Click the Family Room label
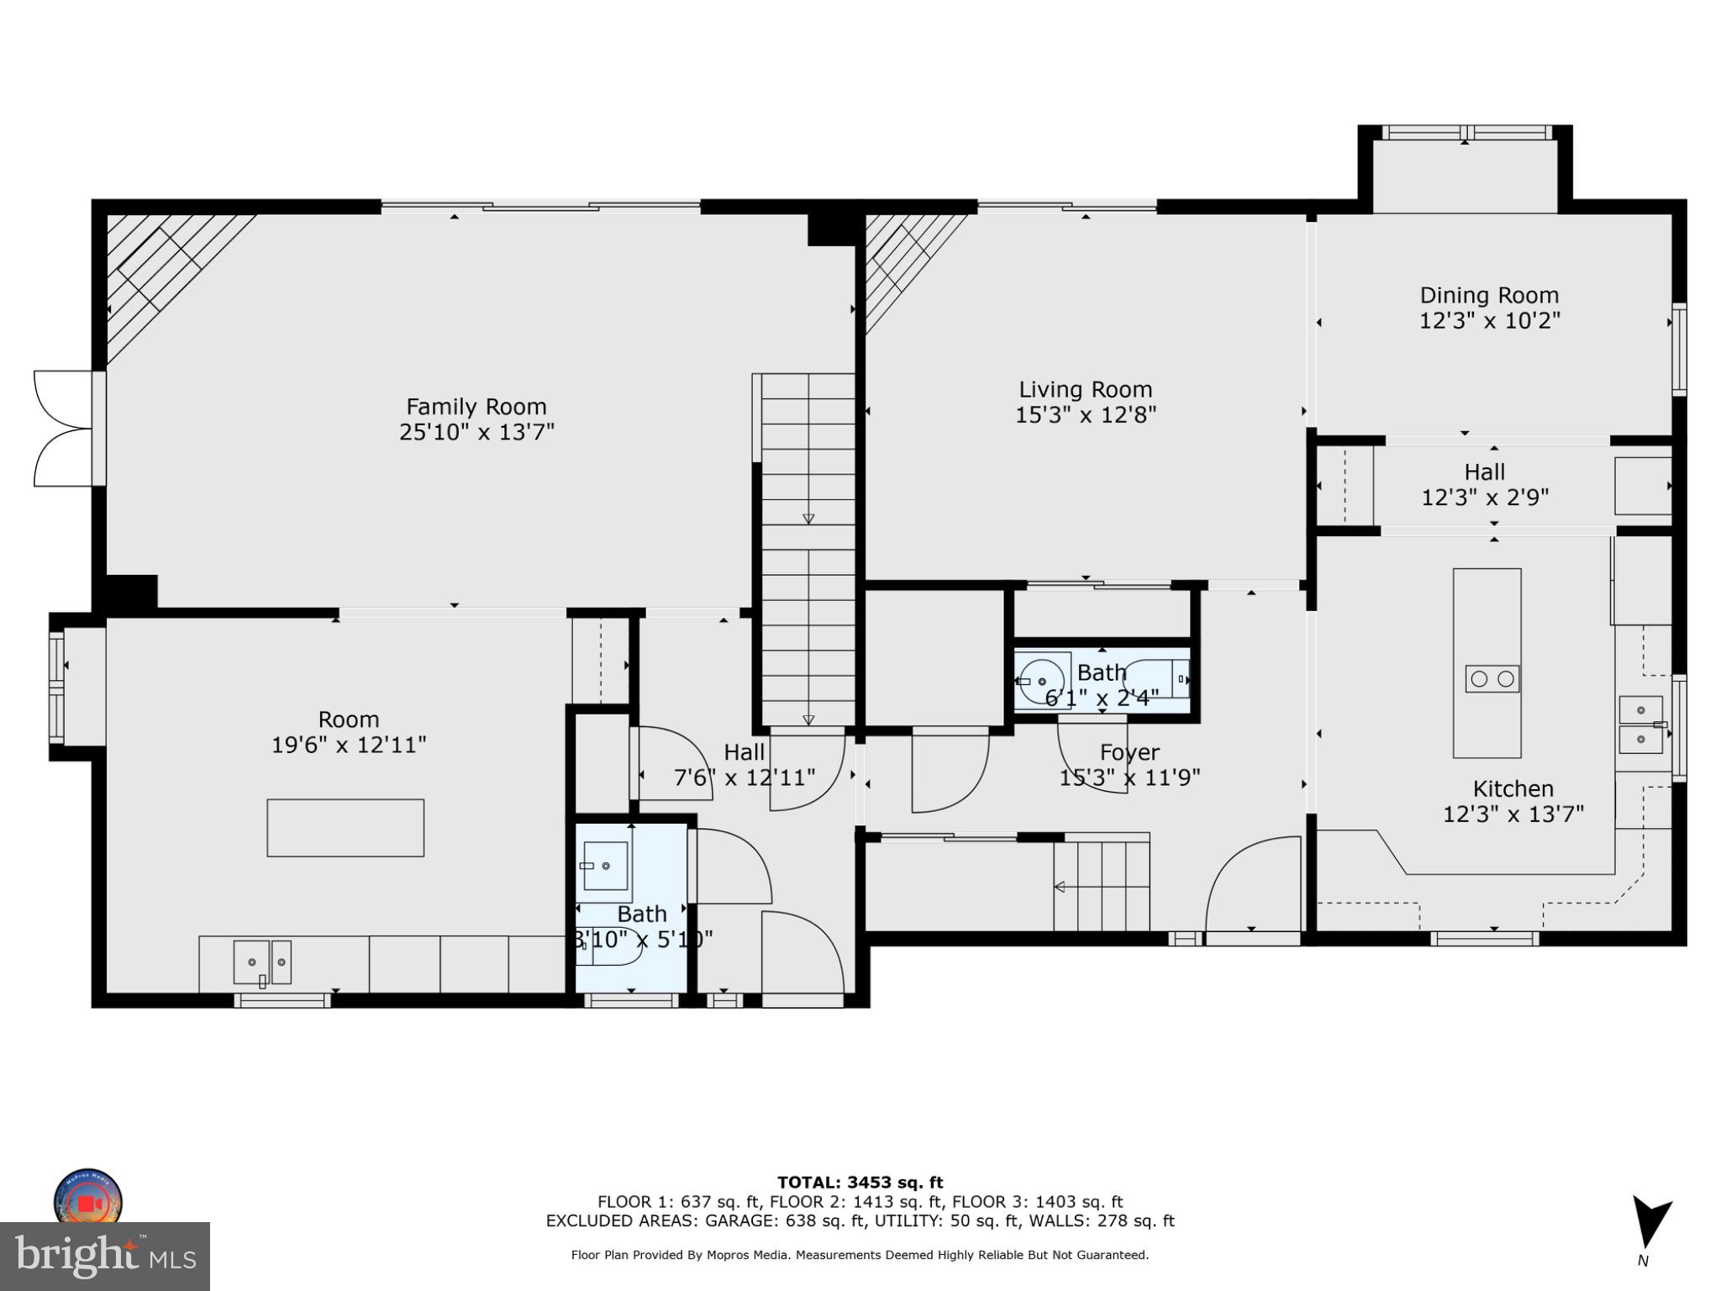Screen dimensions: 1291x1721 pos(476,407)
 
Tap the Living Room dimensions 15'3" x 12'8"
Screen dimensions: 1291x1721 pos(1085,415)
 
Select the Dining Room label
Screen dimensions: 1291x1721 pos(1489,296)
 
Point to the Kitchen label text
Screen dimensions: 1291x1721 pos(1513,788)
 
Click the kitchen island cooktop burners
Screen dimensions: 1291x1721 pos(1492,678)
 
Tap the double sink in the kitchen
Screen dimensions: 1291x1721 pos(1640,725)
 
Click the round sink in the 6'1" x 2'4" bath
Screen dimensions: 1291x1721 pos(1042,681)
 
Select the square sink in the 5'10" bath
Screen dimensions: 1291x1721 pos(606,866)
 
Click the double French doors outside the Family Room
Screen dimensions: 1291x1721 pos(63,429)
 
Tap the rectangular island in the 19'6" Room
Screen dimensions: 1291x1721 pos(345,828)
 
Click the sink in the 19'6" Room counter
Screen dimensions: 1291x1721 pos(262,962)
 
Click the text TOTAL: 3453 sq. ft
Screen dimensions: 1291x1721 pos(860,1183)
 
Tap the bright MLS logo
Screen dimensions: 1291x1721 pos(105,1257)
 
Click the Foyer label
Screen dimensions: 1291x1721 pos(1129,752)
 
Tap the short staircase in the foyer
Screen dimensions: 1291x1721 pos(1101,887)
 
